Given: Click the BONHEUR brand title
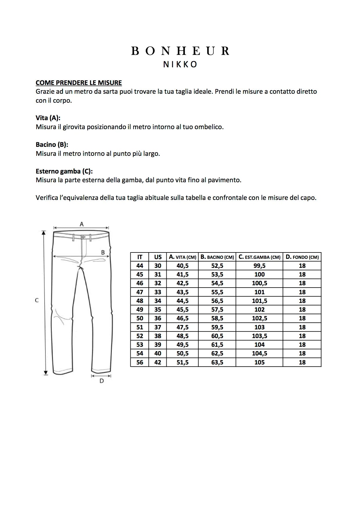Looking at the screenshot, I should tap(180, 51).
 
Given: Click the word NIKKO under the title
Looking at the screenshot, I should tap(180, 64).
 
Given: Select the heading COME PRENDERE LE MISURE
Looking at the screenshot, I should tap(79, 83).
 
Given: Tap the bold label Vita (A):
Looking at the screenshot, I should tap(48, 118).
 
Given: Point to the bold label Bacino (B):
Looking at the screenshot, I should tap(52, 145).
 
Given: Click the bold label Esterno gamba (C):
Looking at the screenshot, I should tap(64, 171).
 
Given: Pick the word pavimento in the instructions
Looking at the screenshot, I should tap(227, 180).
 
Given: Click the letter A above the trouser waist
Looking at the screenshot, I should tap(82, 224).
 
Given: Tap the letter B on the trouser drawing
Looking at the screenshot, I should tap(103, 252).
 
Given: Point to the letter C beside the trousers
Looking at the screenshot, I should tap(37, 300).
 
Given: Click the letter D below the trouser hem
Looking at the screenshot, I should tap(102, 381).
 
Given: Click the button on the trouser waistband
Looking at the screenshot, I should tap(83, 237).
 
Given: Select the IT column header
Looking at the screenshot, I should tap(140, 257).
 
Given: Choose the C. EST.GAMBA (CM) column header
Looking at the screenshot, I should tap(259, 257).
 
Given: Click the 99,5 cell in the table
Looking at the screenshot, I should tap(259, 266).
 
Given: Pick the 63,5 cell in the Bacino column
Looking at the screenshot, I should tap(217, 362).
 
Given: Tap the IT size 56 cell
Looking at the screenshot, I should tap(140, 362).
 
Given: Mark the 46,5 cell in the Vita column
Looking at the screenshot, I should tap(182, 318).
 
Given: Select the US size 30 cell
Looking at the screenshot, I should tap(158, 266).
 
